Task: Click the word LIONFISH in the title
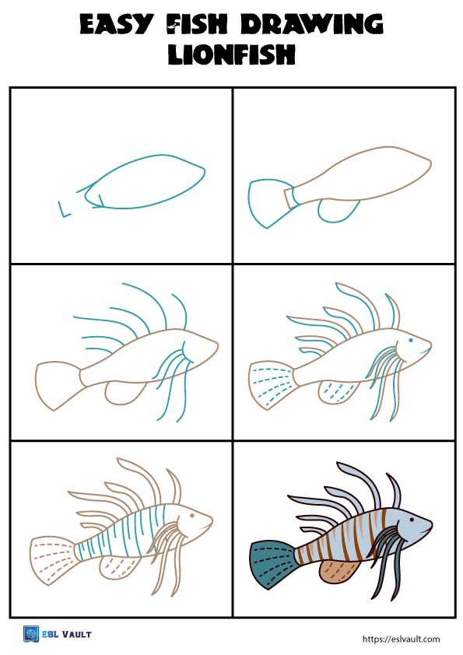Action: (x=231, y=56)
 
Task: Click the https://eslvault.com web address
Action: (x=402, y=639)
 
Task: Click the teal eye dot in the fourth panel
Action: (x=410, y=342)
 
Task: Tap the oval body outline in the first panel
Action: (x=148, y=183)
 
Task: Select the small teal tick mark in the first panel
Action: (x=64, y=208)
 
